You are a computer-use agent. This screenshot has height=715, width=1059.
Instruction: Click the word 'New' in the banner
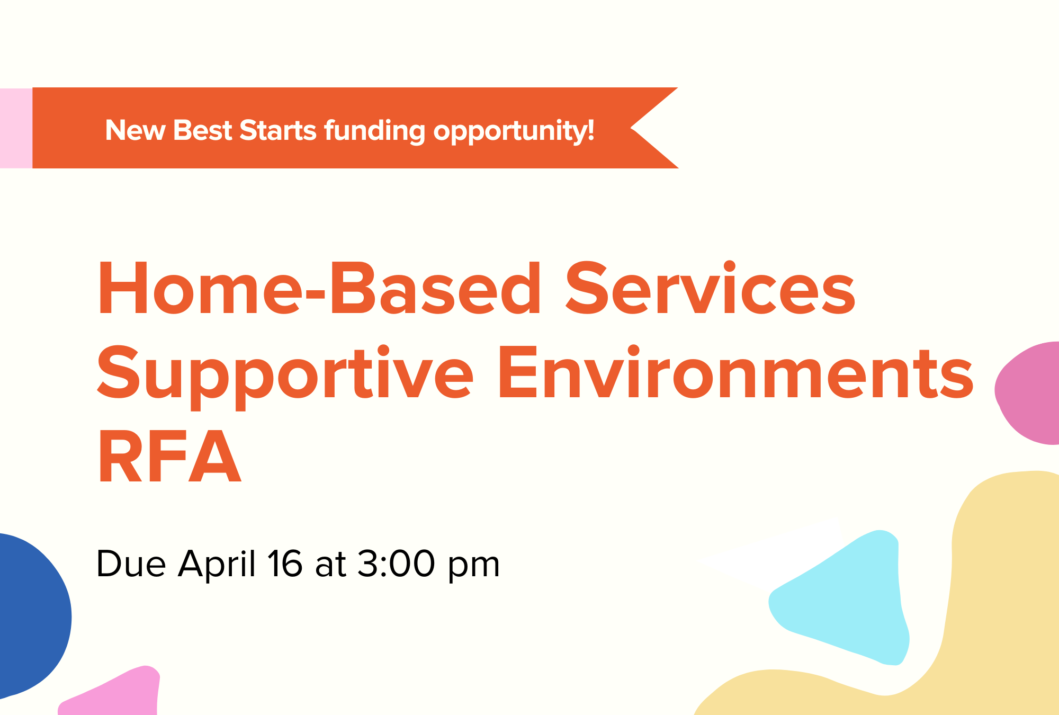[x=135, y=130]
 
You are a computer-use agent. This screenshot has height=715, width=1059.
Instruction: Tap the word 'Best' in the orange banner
[x=202, y=130]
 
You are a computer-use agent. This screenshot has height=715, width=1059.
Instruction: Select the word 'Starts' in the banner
[x=278, y=130]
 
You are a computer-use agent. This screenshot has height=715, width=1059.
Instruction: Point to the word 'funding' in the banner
[x=374, y=131]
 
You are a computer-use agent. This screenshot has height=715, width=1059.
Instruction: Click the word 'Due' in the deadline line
[x=131, y=564]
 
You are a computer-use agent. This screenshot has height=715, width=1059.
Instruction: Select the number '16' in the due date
[x=285, y=564]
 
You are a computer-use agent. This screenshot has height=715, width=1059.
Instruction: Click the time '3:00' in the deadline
[x=396, y=564]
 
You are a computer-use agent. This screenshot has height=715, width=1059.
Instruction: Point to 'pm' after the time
[x=474, y=568]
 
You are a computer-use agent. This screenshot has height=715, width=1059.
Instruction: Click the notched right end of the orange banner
[x=631, y=128]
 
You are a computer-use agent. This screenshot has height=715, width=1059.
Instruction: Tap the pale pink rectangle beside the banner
[x=16, y=128]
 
